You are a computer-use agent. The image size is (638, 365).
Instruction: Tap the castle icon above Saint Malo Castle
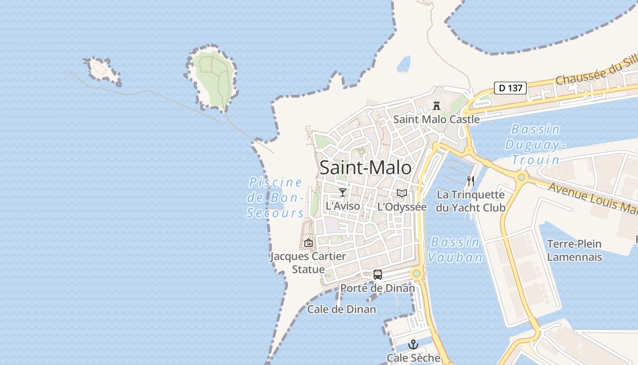(437, 106)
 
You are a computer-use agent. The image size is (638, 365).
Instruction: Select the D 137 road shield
(510, 88)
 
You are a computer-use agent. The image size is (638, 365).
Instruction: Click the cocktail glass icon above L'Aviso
(343, 193)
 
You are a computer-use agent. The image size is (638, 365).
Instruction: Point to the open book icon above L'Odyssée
(401, 193)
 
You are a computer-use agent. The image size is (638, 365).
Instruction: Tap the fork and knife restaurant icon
(471, 181)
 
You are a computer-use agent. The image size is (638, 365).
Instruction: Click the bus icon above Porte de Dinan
(378, 274)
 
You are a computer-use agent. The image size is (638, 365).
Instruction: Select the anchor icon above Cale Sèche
(413, 344)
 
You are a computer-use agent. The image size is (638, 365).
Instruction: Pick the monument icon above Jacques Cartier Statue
(309, 243)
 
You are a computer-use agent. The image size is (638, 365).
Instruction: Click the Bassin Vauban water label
(455, 250)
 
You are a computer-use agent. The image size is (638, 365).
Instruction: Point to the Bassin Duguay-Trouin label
(535, 144)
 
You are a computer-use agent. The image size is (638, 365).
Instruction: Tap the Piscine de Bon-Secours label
(275, 198)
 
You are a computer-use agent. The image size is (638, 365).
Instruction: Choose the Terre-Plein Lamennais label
(574, 250)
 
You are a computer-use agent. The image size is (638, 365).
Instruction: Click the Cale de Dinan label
(342, 309)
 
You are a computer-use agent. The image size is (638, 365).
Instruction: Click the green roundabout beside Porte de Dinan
(416, 274)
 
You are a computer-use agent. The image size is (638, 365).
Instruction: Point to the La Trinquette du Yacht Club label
(471, 201)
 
